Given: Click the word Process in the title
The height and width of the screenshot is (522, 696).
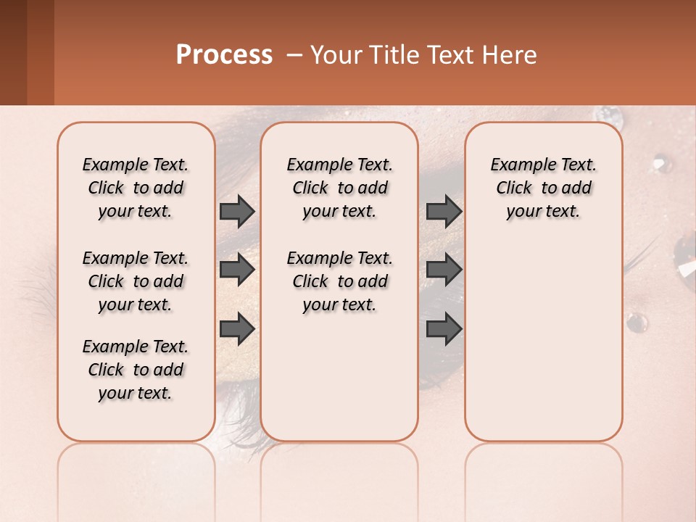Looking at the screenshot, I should [224, 55].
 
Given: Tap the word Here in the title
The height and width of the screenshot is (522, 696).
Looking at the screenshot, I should [509, 55].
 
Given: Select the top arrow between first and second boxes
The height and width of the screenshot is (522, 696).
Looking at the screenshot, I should [237, 212].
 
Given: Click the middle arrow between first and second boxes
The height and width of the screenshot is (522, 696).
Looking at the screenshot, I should [237, 270].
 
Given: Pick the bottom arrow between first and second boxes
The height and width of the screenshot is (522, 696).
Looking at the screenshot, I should [237, 328].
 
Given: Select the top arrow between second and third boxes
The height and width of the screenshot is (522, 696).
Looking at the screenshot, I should [444, 212].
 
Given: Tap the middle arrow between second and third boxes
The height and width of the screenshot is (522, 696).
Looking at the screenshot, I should [444, 270].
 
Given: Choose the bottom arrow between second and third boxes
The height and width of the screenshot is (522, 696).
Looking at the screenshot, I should [444, 328].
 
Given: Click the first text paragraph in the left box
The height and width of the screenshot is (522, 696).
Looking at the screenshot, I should [136, 188].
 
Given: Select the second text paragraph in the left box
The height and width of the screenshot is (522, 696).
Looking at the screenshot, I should [136, 281].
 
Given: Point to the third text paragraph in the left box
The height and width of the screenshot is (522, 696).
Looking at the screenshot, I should [136, 370].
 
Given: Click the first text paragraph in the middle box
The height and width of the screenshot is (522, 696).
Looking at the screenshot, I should [340, 188].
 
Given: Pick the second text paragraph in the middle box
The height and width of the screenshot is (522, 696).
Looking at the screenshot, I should [340, 281].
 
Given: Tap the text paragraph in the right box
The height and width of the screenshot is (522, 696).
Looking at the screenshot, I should [544, 188].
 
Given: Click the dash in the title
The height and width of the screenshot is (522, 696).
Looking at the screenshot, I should [294, 55].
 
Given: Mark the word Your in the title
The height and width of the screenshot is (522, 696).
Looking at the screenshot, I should [333, 55].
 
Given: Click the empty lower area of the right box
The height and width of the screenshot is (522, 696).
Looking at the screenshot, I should [544, 341].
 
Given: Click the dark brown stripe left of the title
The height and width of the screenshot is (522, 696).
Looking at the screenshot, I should [13, 52].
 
